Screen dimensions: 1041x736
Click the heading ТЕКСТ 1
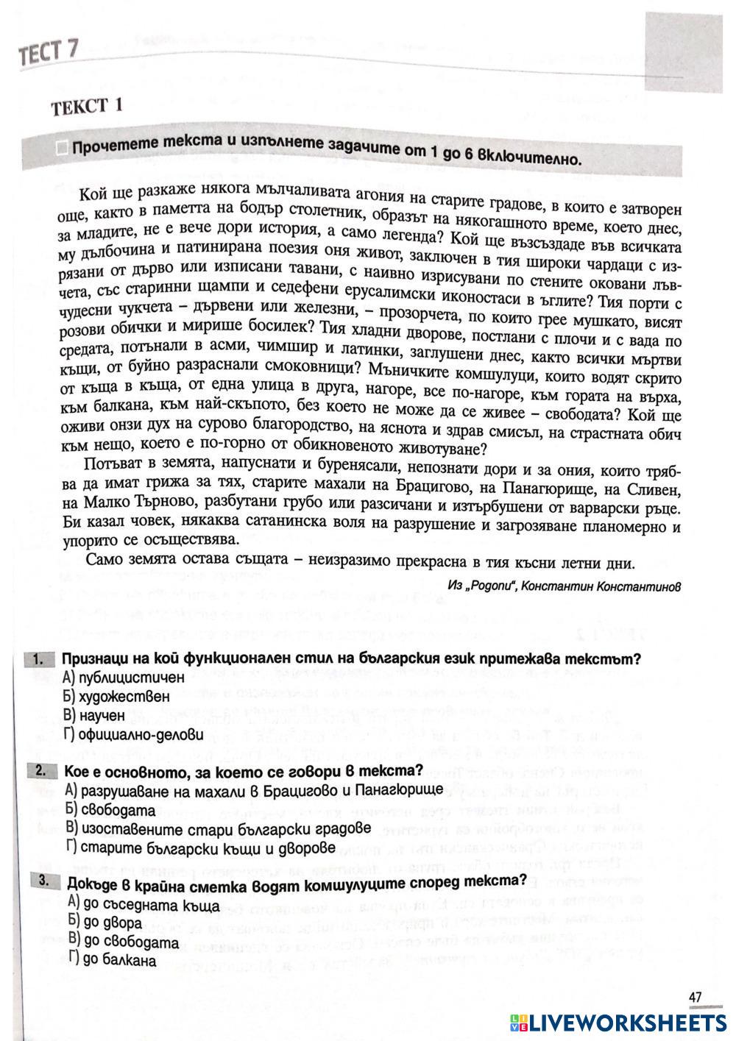tap(86, 107)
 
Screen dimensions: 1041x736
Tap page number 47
tap(695, 998)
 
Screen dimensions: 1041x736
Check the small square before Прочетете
tap(62, 149)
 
